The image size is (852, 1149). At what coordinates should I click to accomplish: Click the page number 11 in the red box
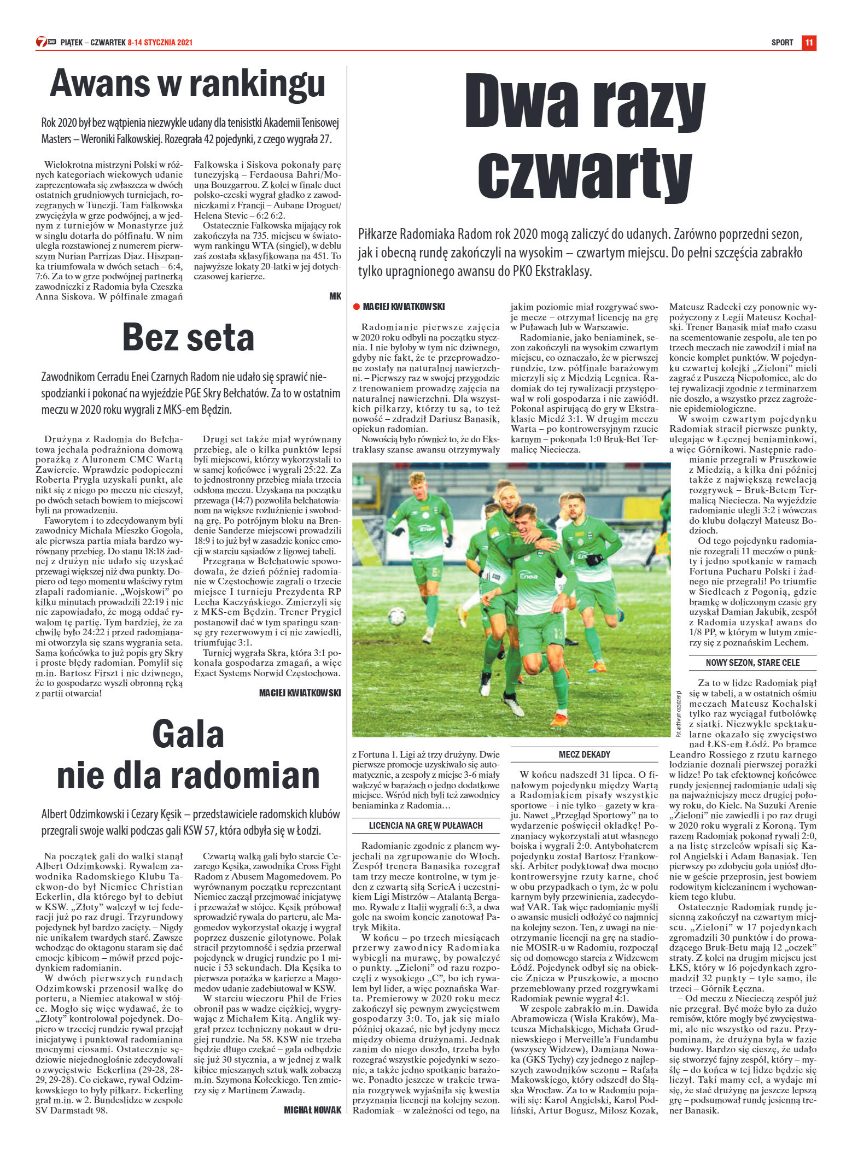point(809,43)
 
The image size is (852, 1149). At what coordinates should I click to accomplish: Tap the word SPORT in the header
point(782,43)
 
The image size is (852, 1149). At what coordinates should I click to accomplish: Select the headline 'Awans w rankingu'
point(188,84)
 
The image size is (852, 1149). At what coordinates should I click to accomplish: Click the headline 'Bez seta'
point(188,337)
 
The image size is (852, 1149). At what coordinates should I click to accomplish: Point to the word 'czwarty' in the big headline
point(585,170)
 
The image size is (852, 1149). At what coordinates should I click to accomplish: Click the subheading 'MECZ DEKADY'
point(584,755)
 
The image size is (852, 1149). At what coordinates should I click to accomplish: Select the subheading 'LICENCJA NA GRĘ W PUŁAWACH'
point(425,825)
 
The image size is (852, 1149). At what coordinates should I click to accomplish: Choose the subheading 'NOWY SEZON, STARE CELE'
point(745,663)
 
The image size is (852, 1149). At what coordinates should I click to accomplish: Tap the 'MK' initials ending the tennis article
point(335,296)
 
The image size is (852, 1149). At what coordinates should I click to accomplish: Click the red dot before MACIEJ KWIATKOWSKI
point(357,307)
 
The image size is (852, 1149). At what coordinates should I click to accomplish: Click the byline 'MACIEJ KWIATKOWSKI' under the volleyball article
point(300,693)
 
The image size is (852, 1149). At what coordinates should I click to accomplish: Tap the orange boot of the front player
point(561,717)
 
